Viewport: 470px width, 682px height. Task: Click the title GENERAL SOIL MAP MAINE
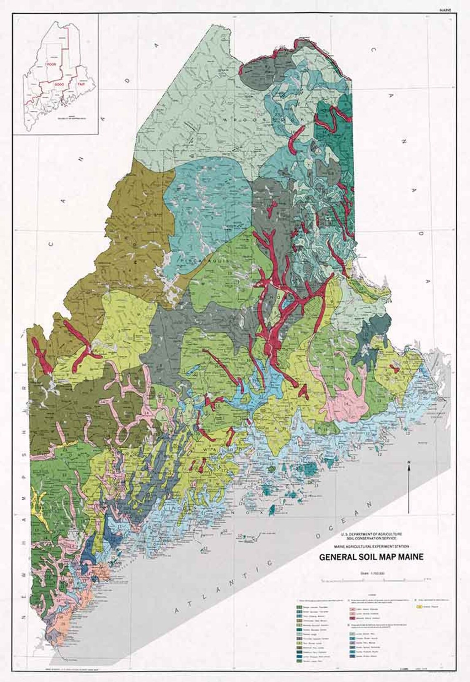(x=371, y=558)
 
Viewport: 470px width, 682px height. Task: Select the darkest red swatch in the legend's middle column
(x=353, y=618)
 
